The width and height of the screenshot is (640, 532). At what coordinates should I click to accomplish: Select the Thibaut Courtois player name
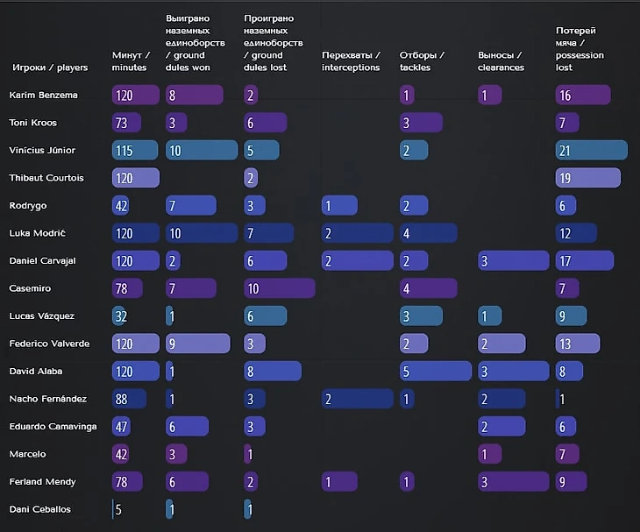pos(46,178)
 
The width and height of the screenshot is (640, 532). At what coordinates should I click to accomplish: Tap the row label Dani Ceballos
pos(40,509)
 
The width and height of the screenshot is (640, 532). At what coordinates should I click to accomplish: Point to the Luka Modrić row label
pos(38,233)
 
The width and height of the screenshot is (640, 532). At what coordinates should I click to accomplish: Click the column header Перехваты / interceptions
pos(351,61)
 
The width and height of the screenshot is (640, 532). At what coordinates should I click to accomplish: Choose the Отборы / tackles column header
pos(422,61)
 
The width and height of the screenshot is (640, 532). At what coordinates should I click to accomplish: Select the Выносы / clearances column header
pos(501,61)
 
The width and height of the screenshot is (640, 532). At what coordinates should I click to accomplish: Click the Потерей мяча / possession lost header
pos(576,49)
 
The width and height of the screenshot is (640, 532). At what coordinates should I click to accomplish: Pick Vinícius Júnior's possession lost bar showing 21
pos(591,151)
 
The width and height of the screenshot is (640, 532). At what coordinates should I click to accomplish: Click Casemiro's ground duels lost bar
pos(279,288)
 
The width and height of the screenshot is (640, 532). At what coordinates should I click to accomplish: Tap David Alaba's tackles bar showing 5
pos(435,372)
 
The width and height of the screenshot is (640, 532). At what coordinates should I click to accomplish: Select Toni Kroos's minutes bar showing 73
pos(126,123)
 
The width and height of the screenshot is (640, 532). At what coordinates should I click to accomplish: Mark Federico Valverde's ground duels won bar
pos(197,344)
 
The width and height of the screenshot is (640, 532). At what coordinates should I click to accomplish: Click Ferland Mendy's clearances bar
pos(513,481)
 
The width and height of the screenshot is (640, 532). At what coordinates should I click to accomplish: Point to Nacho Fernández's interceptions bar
pos(356,399)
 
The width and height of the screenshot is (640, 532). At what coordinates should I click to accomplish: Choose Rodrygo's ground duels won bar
pos(190,205)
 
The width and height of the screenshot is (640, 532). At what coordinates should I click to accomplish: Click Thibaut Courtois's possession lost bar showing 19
pos(587,178)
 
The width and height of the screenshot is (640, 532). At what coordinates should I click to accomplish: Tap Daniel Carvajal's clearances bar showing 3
pos(513,260)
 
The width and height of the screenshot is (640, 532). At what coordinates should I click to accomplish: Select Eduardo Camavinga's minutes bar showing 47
pos(122,426)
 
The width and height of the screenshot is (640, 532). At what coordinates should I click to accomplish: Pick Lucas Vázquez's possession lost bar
pos(572,316)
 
